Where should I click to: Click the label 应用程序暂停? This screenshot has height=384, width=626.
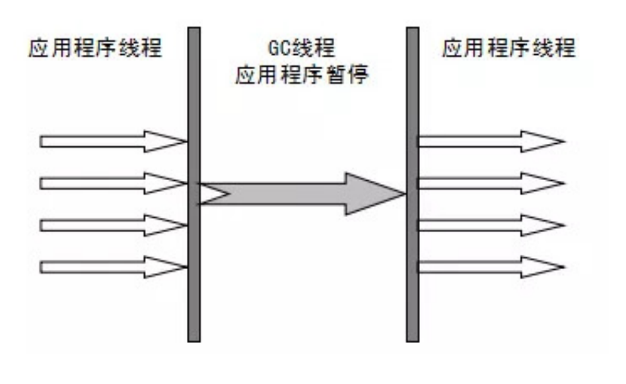(x=301, y=77)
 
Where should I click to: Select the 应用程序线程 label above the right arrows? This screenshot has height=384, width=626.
(x=509, y=49)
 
